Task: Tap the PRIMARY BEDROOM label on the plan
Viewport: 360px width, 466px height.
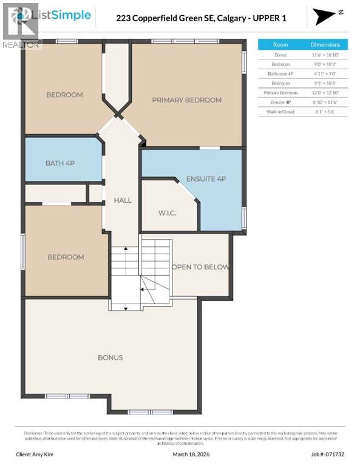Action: [186, 100]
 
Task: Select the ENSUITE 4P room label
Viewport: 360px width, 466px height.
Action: [205, 179]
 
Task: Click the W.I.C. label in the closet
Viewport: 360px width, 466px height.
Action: [166, 213]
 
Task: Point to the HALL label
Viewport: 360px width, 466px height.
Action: [123, 200]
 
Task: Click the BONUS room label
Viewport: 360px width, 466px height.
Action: [110, 357]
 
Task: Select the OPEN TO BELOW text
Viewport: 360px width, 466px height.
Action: [200, 267]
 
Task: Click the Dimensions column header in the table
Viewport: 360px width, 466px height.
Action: [325, 45]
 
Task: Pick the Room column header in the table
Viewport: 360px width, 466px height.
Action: [280, 45]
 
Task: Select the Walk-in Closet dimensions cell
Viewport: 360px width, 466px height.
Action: [325, 112]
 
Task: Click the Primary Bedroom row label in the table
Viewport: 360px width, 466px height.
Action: [280, 93]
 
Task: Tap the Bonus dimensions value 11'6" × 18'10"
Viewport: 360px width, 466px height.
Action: [325, 55]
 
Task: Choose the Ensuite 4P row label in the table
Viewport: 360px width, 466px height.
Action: [280, 103]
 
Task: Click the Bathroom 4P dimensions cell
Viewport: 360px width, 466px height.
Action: [325, 73]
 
